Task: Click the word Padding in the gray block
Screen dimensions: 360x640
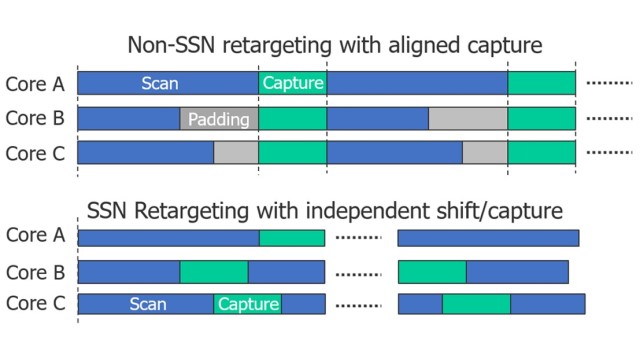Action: pyautogui.click(x=219, y=119)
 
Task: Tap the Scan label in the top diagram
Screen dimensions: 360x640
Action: pyautogui.click(x=160, y=84)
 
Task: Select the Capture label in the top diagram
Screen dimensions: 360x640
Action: pyautogui.click(x=293, y=84)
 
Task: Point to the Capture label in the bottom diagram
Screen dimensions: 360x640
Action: pyautogui.click(x=248, y=304)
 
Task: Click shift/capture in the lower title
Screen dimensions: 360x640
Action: pyautogui.click(x=506, y=211)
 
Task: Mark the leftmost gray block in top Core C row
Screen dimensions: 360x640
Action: pyautogui.click(x=236, y=153)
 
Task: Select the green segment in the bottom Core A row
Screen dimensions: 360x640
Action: pyautogui.click(x=292, y=238)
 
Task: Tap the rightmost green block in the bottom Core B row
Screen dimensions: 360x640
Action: pyautogui.click(x=432, y=272)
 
